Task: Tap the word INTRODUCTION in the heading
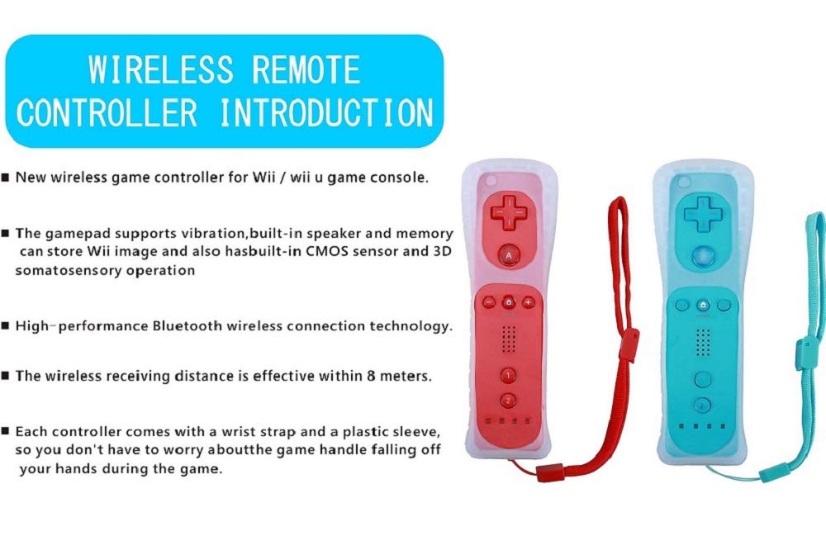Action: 327,113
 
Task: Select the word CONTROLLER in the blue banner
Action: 107,113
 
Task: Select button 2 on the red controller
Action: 508,401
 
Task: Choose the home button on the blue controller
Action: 703,305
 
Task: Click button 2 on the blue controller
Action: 703,406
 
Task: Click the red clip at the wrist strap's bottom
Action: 549,473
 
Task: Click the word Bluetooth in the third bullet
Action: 188,325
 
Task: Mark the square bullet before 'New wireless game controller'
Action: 7,178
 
